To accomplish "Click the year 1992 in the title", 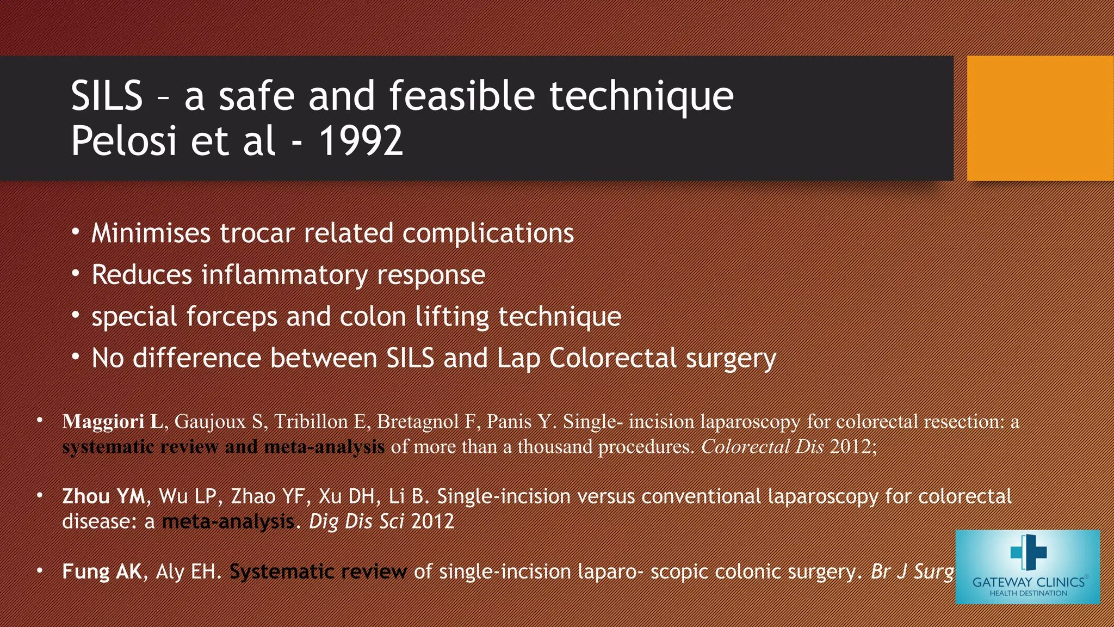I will (361, 141).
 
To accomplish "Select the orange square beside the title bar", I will (1040, 118).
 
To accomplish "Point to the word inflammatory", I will (284, 275).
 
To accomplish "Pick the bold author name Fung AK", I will (102, 571).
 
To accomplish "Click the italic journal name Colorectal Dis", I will (762, 447).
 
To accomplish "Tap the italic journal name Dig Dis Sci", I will (356, 521).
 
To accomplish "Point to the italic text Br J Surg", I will (912, 571).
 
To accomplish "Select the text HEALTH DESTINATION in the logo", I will (1028, 594).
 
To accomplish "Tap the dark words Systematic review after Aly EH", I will (318, 571).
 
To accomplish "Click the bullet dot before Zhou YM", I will (40, 496).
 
